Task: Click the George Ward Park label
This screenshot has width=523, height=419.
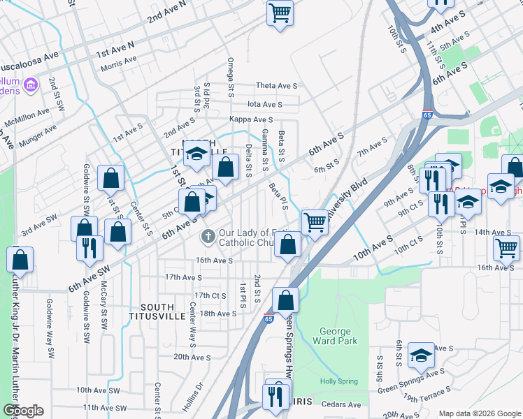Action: click(x=338, y=336)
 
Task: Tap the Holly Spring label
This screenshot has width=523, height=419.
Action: click(x=338, y=381)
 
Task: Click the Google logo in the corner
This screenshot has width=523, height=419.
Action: click(x=23, y=411)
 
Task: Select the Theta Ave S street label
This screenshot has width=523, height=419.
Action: click(x=276, y=86)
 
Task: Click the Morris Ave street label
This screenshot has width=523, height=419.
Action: click(x=118, y=62)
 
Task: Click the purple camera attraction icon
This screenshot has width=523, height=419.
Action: click(x=30, y=87)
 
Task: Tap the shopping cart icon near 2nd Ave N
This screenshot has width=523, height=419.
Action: click(x=280, y=12)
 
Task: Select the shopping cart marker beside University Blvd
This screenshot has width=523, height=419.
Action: click(x=315, y=222)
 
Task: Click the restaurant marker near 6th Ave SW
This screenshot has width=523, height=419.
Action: click(x=90, y=249)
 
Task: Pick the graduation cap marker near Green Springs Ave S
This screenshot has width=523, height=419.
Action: click(x=422, y=355)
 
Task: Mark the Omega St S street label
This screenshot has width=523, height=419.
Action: click(x=230, y=77)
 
